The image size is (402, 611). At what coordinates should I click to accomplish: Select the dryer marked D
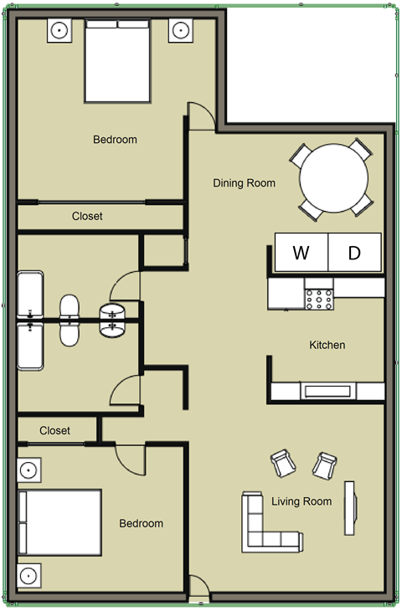point(354,252)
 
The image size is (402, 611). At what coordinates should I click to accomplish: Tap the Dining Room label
point(244,183)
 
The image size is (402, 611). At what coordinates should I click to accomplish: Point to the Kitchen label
point(327,345)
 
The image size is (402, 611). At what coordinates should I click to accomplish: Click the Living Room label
point(301,502)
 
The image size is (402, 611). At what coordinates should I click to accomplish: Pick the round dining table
point(333,180)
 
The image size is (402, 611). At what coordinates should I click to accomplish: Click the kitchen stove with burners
point(320,297)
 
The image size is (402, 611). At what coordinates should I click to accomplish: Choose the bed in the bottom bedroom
point(60,522)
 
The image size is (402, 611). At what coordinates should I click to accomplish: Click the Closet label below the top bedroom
point(87,216)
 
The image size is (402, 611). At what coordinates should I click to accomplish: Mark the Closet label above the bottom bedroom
point(54,430)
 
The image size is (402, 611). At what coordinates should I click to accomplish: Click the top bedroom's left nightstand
point(59,30)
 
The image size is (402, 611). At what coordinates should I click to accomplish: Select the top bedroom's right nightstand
point(180,30)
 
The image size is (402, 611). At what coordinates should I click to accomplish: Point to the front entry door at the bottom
point(198,588)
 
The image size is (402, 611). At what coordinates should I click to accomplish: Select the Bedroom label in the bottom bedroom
point(141,524)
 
